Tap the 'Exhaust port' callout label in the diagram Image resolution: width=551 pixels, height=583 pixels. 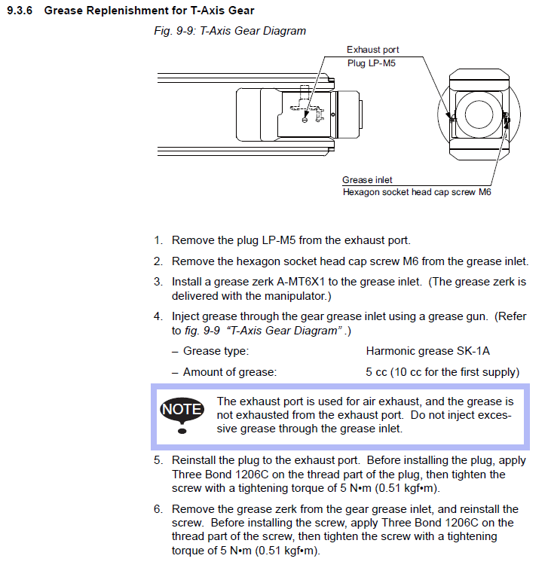[x=372, y=50]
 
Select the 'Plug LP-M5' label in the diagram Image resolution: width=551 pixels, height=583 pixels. [x=371, y=63]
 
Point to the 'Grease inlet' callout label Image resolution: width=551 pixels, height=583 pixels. [x=367, y=180]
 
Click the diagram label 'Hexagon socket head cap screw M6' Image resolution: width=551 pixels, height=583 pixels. [x=417, y=192]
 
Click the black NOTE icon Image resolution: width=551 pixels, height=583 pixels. [x=182, y=411]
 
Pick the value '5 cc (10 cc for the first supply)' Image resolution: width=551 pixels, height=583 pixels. [x=442, y=372]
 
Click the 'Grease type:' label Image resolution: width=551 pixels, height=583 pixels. [x=216, y=351]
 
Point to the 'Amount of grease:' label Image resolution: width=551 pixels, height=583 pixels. [x=230, y=372]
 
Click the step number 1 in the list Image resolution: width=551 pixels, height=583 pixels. [x=158, y=241]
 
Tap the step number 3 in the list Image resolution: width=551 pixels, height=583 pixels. [x=158, y=282]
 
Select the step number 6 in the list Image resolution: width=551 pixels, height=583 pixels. [x=158, y=509]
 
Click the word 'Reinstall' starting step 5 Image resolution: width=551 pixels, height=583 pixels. [x=194, y=460]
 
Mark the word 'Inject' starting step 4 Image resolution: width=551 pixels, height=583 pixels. [x=185, y=317]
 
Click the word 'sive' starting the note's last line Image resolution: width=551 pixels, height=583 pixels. [x=228, y=429]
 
